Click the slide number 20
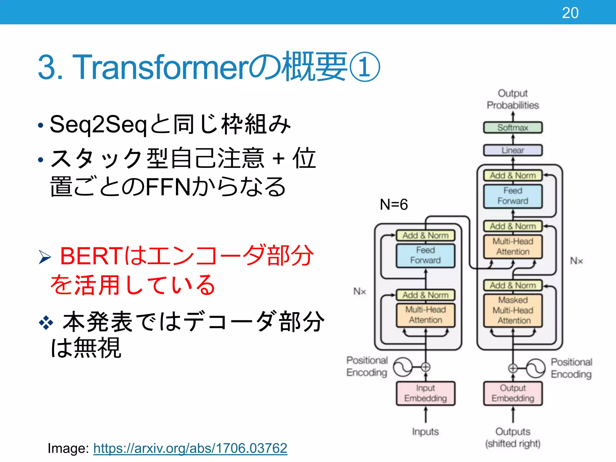pos(570,13)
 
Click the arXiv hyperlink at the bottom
pos(190,448)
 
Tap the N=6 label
pos(394,205)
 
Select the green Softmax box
pos(513,128)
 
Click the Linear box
pos(513,150)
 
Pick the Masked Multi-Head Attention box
pos(513,310)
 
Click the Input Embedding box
pos(425,393)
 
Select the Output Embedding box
pos(513,393)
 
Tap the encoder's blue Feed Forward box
pos(425,255)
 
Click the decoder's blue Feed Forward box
pos(513,196)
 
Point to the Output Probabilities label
pos(513,99)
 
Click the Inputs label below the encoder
pos(425,432)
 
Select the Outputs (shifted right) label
pos(513,438)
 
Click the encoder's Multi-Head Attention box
pos(425,315)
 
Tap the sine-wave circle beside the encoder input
pos(403,367)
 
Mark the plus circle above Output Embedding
pos(513,368)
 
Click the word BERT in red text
pos(90,256)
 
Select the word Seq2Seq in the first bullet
pos(98,125)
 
